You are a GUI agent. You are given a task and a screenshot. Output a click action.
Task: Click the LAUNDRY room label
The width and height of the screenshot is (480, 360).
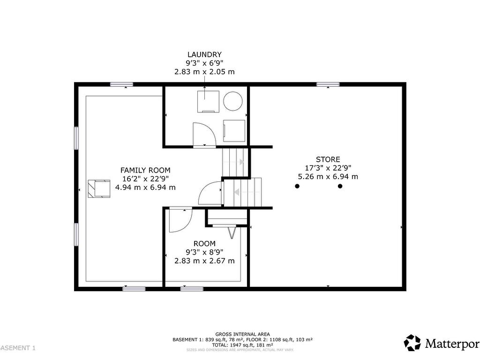204,55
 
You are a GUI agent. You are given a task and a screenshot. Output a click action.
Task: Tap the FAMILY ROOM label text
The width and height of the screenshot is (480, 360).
145,170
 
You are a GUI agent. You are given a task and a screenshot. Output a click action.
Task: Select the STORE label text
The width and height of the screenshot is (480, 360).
328,159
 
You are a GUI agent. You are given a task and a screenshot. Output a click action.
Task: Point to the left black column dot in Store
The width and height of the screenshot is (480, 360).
297,186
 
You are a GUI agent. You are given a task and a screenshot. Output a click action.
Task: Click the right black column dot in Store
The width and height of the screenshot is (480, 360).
340,186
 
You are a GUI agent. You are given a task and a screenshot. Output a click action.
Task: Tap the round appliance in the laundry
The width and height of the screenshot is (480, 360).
232,100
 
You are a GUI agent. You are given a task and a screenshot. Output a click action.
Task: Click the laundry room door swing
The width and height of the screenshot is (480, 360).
203,135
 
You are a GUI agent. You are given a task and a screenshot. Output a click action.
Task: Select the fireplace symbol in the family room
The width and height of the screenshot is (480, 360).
98,188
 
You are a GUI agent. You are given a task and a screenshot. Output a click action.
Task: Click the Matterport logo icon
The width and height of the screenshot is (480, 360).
412,343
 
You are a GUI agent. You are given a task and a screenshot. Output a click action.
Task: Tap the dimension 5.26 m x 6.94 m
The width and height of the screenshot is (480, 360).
328,177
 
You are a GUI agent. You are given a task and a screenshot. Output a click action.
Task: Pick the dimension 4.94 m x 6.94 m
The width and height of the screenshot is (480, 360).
145,187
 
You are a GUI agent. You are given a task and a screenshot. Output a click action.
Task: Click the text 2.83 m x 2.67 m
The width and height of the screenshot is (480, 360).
204,261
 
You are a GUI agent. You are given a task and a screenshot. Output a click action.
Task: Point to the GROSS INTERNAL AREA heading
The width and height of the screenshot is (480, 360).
242,334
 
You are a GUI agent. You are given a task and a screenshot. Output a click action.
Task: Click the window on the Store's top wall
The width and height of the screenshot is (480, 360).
328,84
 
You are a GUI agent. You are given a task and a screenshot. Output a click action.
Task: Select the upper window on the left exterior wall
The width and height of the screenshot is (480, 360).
76,138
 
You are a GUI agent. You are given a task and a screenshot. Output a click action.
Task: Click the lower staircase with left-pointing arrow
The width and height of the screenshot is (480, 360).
242,192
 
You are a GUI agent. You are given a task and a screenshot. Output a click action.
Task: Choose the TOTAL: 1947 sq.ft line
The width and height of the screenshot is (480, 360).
242,345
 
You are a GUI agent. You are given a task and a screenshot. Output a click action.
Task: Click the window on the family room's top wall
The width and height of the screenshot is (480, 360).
121,84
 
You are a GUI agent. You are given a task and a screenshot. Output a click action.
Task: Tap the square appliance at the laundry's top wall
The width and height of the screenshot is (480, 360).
208,101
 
